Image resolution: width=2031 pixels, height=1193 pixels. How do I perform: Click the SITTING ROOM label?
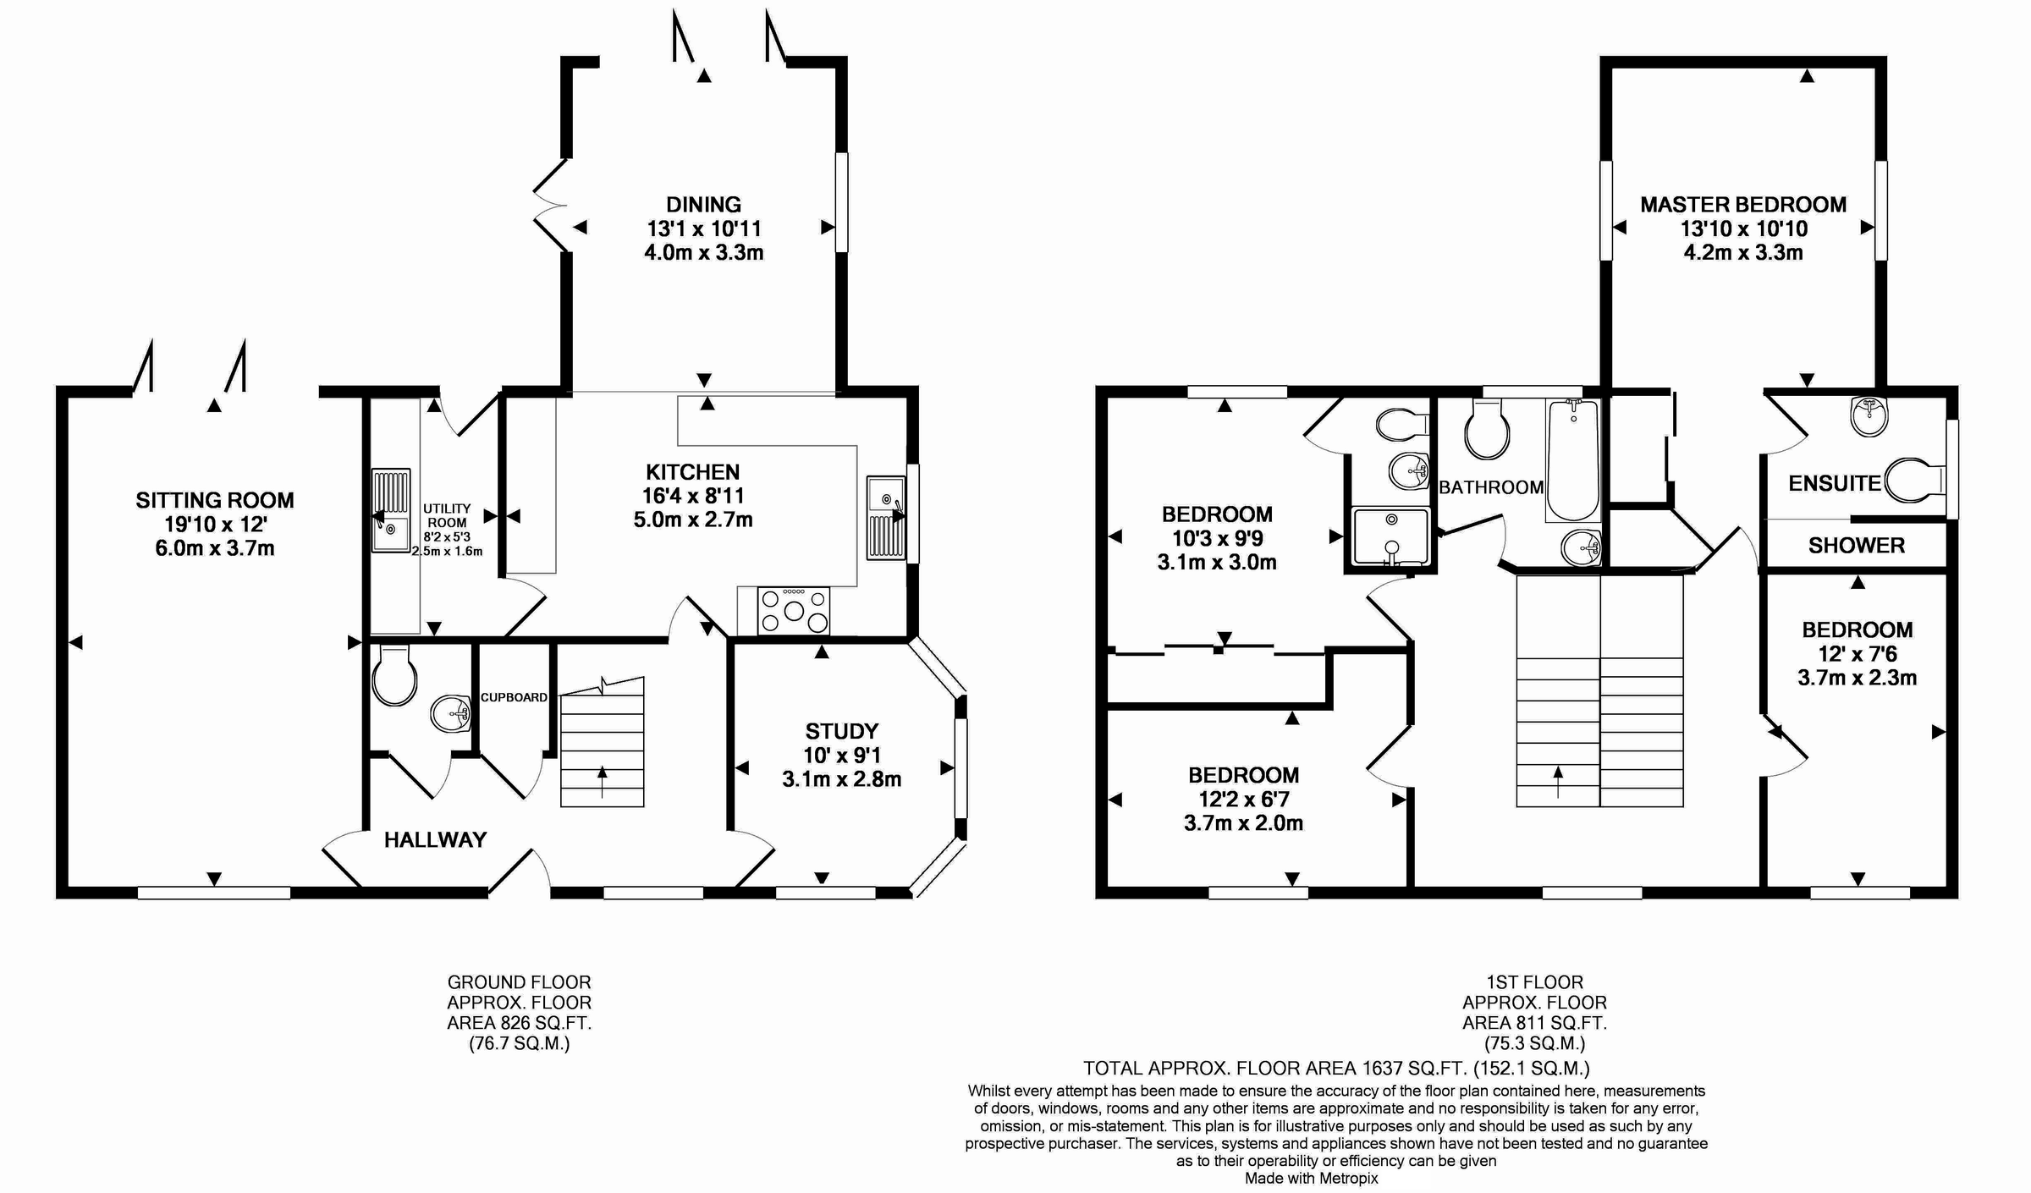click(215, 500)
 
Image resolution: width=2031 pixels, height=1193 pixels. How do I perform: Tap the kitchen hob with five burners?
click(794, 610)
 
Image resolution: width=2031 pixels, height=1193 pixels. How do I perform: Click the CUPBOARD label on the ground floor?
click(514, 697)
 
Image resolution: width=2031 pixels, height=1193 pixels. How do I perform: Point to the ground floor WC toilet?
click(394, 675)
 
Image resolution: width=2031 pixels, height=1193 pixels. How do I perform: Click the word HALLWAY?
click(435, 839)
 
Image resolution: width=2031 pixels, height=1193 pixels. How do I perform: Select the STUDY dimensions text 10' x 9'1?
click(841, 755)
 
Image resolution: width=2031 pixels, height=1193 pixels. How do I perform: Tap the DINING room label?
click(703, 204)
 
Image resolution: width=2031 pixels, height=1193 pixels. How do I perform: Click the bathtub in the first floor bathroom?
click(1572, 460)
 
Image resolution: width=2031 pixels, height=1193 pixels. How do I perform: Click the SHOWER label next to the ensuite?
click(1857, 546)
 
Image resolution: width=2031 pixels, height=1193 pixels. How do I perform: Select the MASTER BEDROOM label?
click(1743, 204)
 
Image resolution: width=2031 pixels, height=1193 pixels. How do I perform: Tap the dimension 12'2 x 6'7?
click(1243, 799)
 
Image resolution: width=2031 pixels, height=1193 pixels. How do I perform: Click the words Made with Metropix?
click(1311, 1178)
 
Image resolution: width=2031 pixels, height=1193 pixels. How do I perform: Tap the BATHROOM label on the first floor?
click(1491, 487)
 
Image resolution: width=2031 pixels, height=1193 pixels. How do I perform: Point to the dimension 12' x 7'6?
click(1857, 653)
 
